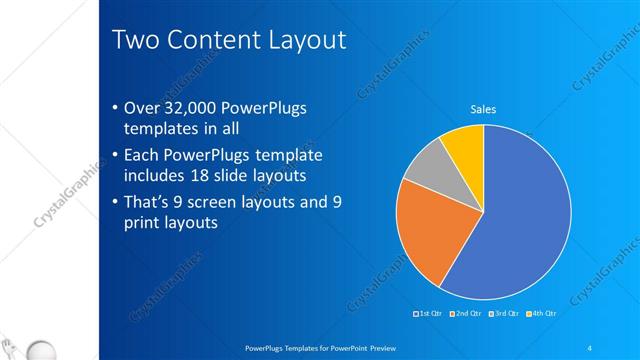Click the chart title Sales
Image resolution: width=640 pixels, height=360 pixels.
[x=484, y=110]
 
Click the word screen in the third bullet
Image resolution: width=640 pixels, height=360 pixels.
[x=208, y=202]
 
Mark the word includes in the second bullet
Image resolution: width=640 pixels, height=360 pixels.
[x=154, y=176]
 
